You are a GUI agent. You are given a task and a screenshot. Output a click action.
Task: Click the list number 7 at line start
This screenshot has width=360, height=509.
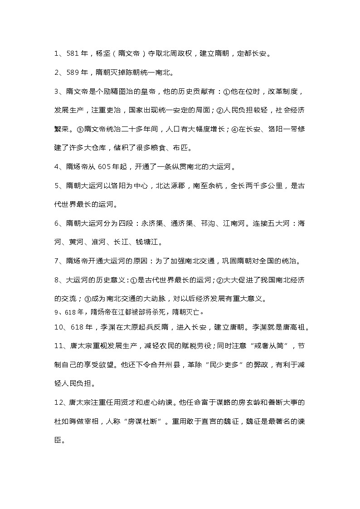pyautogui.click(x=56, y=261)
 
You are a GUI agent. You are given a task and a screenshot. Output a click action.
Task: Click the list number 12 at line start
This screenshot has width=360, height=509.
pyautogui.click(x=58, y=402)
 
